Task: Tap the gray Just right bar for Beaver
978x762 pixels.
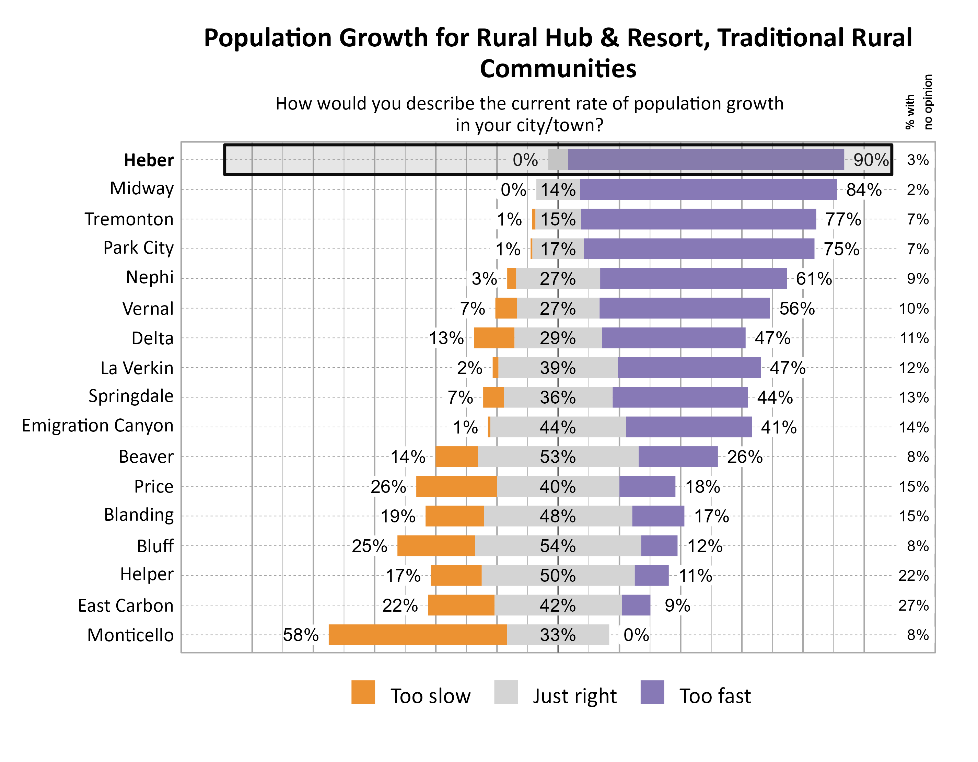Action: click(558, 457)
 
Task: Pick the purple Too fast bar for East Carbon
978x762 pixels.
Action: click(636, 605)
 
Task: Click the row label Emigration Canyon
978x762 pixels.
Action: click(97, 426)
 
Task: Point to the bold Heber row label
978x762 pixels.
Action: click(148, 160)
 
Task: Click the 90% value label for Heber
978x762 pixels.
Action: click(870, 160)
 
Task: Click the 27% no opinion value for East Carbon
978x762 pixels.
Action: click(913, 605)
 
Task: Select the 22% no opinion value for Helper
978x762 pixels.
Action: click(913, 575)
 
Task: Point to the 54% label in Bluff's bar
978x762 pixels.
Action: click(558, 546)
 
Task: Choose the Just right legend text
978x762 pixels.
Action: click(574, 696)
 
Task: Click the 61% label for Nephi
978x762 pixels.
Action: click(813, 279)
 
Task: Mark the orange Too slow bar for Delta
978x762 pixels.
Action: click(493, 338)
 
